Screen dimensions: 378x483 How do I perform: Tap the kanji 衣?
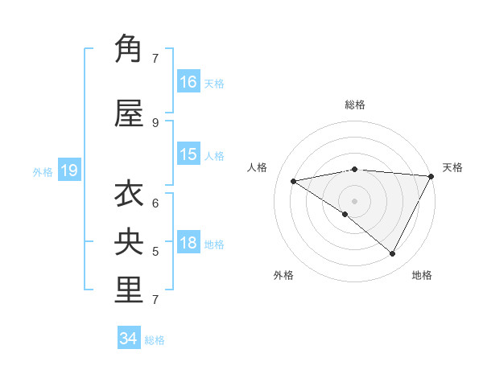pyautogui.click(x=129, y=195)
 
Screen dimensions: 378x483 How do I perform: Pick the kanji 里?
pyautogui.click(x=129, y=290)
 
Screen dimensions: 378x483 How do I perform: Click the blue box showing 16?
pyautogui.click(x=188, y=82)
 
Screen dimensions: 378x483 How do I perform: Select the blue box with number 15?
pyautogui.click(x=188, y=154)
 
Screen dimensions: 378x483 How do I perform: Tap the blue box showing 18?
pyautogui.click(x=188, y=244)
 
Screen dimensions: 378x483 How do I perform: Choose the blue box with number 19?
pyautogui.click(x=68, y=171)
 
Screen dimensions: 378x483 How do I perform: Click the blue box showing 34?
pyautogui.click(x=129, y=339)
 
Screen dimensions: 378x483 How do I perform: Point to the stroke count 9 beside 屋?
pyautogui.click(x=155, y=123)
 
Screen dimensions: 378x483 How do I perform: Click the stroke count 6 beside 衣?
pyautogui.click(x=155, y=203)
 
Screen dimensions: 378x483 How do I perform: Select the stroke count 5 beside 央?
pyautogui.click(x=155, y=252)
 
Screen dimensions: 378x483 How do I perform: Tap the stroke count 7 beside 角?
pyautogui.click(x=155, y=58)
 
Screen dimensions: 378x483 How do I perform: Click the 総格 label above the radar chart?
pyautogui.click(x=355, y=105)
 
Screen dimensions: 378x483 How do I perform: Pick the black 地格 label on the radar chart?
pyautogui.click(x=422, y=275)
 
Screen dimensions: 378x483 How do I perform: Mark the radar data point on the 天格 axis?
pyautogui.click(x=431, y=176)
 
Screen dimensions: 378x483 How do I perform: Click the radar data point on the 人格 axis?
pyautogui.click(x=294, y=181)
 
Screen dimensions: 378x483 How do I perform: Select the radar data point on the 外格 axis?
pyautogui.click(x=345, y=214)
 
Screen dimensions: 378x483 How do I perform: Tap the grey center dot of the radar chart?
pyautogui.click(x=355, y=200)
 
